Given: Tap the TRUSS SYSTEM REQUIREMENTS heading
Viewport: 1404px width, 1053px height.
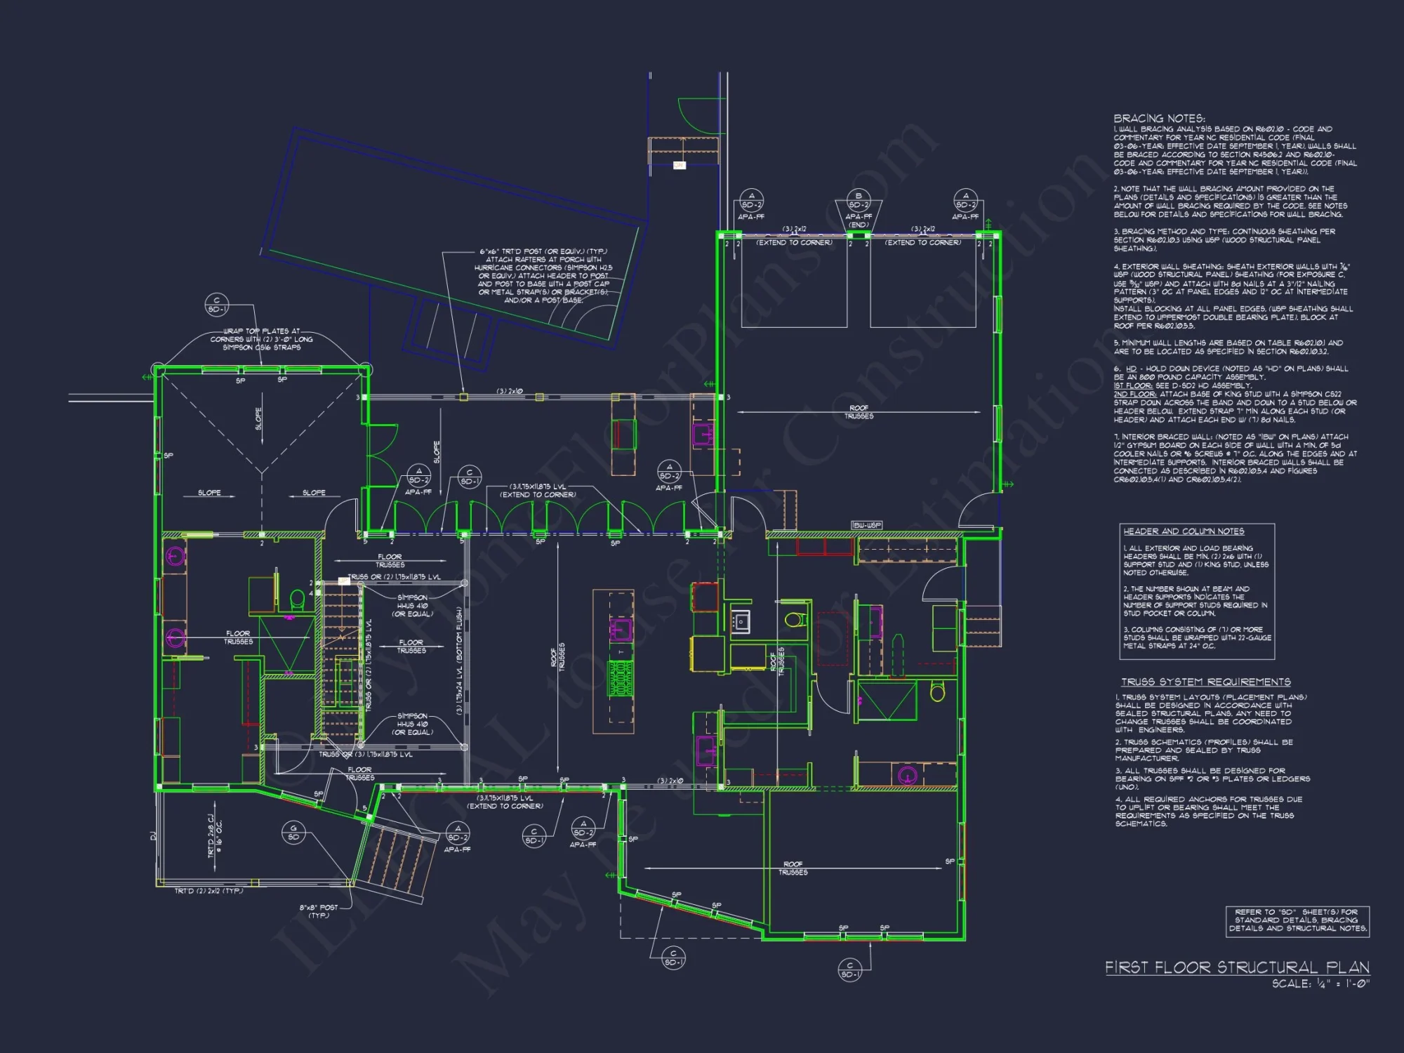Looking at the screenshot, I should (1205, 682).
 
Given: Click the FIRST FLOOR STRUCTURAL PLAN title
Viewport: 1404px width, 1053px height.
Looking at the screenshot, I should (1237, 967).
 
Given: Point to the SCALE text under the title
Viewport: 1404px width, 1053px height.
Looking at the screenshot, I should (1320, 984).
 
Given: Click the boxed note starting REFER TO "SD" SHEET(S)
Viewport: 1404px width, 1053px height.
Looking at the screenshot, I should (1297, 920).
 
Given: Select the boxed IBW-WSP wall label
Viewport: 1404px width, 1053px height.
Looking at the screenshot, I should (866, 525).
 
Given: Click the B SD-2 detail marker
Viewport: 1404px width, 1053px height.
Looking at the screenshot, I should (858, 200).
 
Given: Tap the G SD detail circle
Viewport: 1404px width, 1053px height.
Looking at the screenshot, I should (293, 832).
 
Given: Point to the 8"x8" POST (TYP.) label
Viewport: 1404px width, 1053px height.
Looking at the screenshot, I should (319, 911).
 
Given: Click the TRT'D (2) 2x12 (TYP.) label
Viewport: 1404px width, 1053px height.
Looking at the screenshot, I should (208, 891).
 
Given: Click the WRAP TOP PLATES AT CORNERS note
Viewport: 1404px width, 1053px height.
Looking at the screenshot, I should (261, 339).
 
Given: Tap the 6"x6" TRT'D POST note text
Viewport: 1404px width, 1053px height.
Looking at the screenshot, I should (543, 276).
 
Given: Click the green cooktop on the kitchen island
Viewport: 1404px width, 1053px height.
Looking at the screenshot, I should (621, 678).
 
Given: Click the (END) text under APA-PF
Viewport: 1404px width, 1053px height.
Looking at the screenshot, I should (858, 225).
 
